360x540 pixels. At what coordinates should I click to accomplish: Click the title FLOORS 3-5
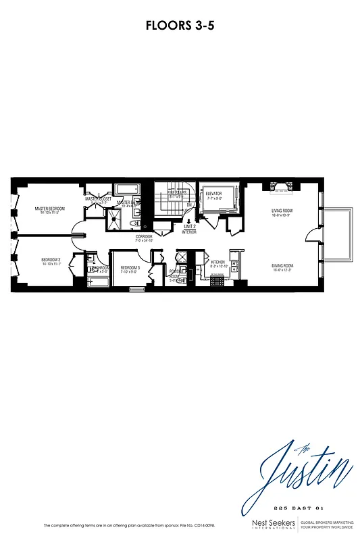click(x=180, y=26)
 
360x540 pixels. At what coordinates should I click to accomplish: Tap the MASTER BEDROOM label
click(x=49, y=209)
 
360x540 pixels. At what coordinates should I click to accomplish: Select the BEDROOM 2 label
click(x=51, y=261)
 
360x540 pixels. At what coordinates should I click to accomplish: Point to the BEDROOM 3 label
click(x=130, y=268)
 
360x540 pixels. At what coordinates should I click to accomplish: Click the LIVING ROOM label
click(x=282, y=211)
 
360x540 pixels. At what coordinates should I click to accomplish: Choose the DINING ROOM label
click(x=282, y=266)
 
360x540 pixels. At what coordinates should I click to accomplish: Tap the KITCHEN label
click(x=217, y=262)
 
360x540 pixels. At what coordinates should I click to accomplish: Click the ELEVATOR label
click(x=214, y=194)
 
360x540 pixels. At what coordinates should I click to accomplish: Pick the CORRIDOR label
click(x=143, y=236)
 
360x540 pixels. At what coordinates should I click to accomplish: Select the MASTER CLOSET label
click(x=98, y=199)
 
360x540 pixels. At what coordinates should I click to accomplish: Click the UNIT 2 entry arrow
click(x=188, y=221)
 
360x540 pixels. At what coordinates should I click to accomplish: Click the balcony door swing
click(x=311, y=236)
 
